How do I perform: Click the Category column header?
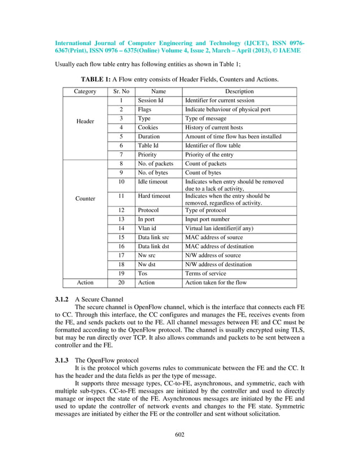point(85,91)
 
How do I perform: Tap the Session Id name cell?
point(151,100)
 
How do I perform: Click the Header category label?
point(85,122)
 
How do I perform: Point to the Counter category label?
point(85,199)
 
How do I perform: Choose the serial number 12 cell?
point(121,210)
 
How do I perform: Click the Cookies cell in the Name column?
point(147,128)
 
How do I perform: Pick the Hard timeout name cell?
point(154,196)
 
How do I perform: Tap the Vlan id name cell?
point(147,228)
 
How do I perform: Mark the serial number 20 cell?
point(121,282)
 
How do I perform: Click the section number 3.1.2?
point(62,298)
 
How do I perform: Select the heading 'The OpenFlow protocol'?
point(109,361)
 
